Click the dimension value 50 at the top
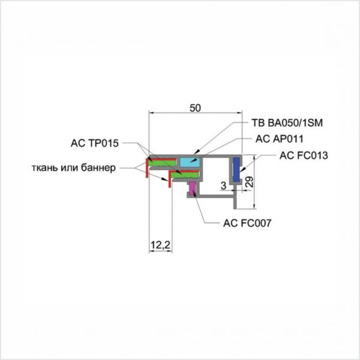click(x=195, y=108)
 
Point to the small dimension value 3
click(x=223, y=186)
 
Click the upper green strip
click(x=163, y=162)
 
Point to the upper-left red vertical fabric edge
click(x=148, y=168)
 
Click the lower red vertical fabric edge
click(x=170, y=179)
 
